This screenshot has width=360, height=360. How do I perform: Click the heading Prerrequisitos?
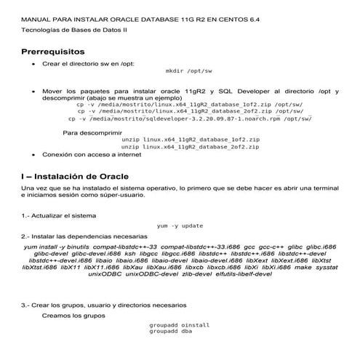[x=53, y=52]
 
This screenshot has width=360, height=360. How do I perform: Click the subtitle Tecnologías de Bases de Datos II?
[x=64, y=31]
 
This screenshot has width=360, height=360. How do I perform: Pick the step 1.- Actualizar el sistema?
[x=58, y=216]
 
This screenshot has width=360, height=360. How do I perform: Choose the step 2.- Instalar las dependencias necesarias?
[x=79, y=237]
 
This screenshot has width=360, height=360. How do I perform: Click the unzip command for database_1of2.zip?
[x=191, y=139]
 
